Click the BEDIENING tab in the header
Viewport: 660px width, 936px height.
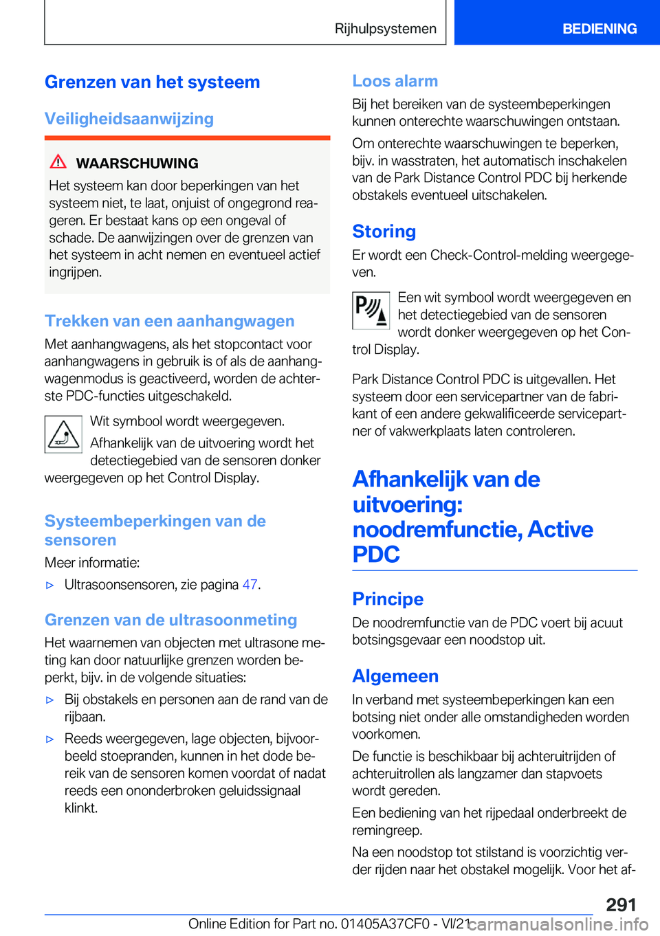tap(599, 29)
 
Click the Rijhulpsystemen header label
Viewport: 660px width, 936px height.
tap(385, 29)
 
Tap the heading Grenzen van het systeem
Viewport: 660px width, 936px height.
tap(152, 82)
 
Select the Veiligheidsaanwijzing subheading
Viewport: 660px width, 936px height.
tap(129, 119)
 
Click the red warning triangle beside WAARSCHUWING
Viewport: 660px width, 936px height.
tap(58, 162)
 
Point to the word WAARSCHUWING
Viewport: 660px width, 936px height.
tap(137, 164)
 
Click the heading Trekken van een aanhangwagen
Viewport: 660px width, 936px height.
tap(169, 321)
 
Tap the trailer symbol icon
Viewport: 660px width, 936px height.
tap(63, 434)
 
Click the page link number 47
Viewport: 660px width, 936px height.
tap(250, 585)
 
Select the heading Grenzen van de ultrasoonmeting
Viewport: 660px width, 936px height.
tap(170, 620)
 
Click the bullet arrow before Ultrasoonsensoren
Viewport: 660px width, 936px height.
tap(49, 586)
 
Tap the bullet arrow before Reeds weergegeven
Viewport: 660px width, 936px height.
tap(49, 739)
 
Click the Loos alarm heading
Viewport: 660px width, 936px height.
tap(395, 81)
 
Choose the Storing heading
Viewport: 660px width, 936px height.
tap(384, 232)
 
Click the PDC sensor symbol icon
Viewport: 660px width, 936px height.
tap(371, 311)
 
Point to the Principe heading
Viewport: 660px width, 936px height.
tap(388, 599)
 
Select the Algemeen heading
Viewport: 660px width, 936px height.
tap(395, 676)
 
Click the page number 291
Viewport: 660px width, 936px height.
tap(621, 904)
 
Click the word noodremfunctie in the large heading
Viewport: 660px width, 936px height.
tap(437, 530)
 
